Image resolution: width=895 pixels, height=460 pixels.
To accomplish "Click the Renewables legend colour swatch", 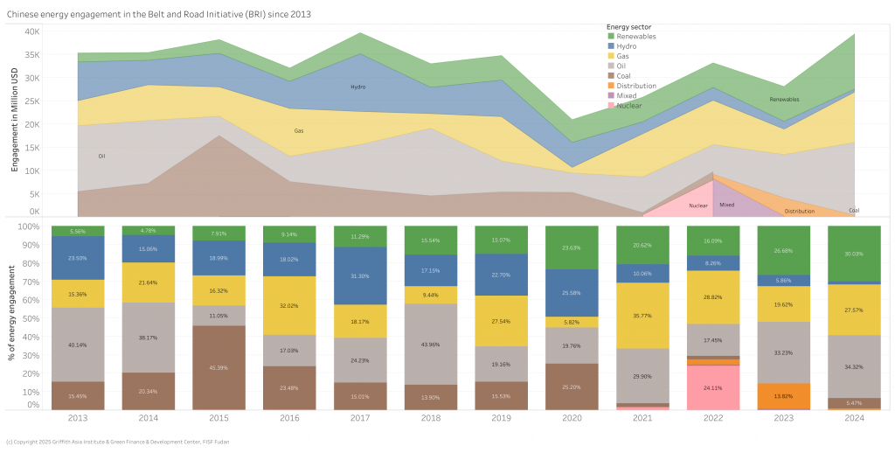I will coord(611,37).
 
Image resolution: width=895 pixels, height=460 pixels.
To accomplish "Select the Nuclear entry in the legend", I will coord(628,105).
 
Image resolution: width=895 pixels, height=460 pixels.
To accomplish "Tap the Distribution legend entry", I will coord(636,86).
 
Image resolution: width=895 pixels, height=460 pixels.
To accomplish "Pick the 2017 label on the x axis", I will coord(360,418).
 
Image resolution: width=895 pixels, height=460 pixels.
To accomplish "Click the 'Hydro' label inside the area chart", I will coord(358,87).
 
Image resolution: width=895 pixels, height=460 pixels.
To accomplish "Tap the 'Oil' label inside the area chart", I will coord(101,156).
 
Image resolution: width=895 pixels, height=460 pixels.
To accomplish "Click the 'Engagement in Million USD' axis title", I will coord(15,122).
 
